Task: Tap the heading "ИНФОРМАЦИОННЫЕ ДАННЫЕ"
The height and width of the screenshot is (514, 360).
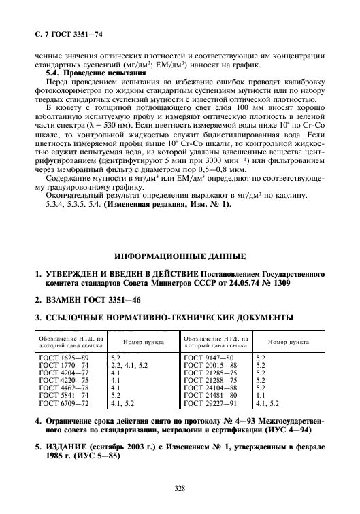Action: click(179, 258)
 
